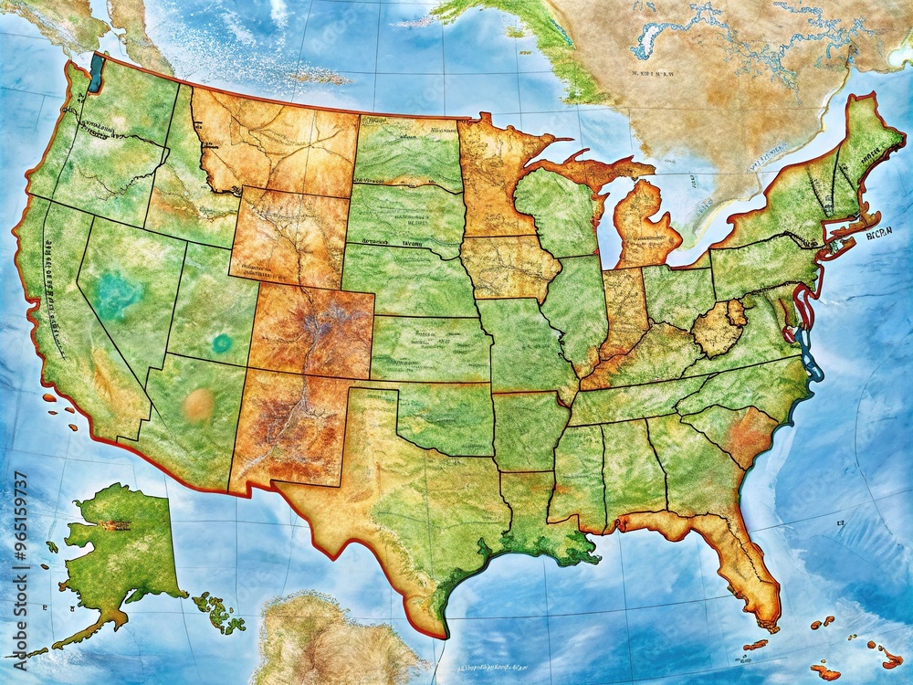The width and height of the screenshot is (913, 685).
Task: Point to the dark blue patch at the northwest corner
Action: (95, 73)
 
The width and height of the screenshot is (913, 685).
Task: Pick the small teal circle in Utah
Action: (222, 343)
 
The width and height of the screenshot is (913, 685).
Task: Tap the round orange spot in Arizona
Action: (198, 405)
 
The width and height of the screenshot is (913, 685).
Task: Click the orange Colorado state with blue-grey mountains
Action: (312, 331)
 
